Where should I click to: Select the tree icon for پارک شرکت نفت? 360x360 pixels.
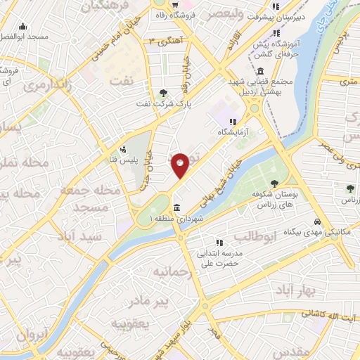click(x=163, y=92)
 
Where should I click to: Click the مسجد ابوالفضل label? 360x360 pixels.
click(x=25, y=35)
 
